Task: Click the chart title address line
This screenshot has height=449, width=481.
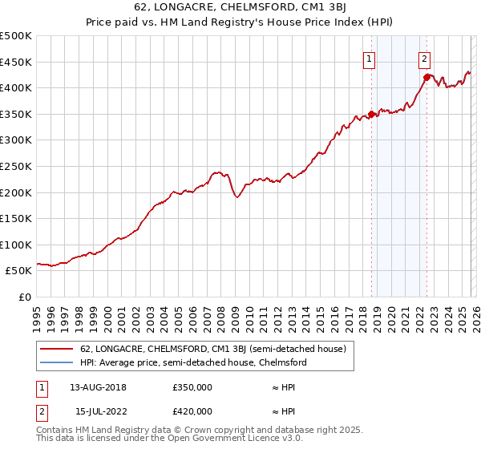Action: [x=240, y=8]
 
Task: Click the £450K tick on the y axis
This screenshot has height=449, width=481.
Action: [x=16, y=62]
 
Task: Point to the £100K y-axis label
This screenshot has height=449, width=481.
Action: [x=16, y=245]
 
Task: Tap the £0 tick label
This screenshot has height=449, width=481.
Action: [x=24, y=297]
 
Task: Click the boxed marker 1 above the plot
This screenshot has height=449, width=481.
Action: [x=369, y=58]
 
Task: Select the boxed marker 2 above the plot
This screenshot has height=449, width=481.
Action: [x=423, y=58]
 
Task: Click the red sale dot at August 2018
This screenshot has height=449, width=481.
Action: [x=371, y=114]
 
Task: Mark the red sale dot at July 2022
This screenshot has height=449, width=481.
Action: [x=426, y=78]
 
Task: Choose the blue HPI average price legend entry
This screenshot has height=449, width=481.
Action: [x=193, y=362]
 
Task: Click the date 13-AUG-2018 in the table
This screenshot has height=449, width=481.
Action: [x=98, y=386]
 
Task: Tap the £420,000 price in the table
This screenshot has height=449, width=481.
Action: [x=192, y=411]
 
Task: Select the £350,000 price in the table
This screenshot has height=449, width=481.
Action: [x=192, y=386]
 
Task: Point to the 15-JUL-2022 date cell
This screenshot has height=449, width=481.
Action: [x=98, y=411]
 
